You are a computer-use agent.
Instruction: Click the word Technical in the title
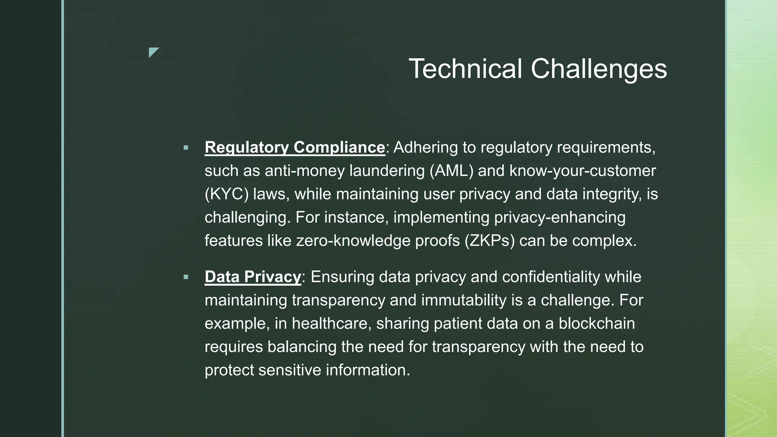pyautogui.click(x=465, y=69)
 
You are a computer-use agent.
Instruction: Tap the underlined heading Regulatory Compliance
pyautogui.click(x=295, y=147)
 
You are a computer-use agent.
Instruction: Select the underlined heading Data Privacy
pyautogui.click(x=253, y=277)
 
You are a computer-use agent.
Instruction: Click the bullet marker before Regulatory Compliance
pyautogui.click(x=186, y=148)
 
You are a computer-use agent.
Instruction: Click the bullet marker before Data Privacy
pyautogui.click(x=186, y=277)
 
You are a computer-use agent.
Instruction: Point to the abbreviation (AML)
pyautogui.click(x=451, y=171)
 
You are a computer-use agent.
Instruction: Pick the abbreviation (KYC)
pyautogui.click(x=226, y=194)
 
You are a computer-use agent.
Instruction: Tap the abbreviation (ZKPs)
pyautogui.click(x=489, y=241)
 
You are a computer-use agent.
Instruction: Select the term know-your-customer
pyautogui.click(x=582, y=171)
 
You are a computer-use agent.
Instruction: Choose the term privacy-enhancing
pyautogui.click(x=559, y=217)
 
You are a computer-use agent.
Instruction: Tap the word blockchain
pyautogui.click(x=596, y=324)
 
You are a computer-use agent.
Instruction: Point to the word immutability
pyautogui.click(x=464, y=300)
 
